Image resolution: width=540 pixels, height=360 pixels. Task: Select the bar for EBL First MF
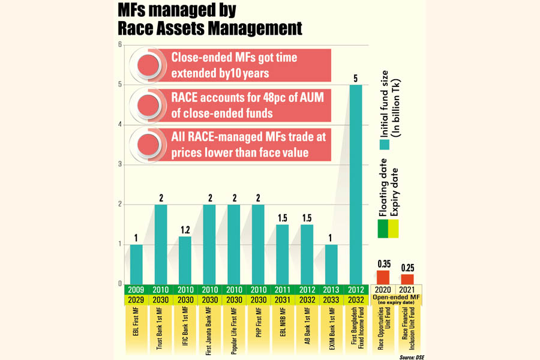coord(136,264)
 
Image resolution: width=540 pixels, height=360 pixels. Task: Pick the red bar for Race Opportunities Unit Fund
coord(383,277)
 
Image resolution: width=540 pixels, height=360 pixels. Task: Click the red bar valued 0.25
coord(408,279)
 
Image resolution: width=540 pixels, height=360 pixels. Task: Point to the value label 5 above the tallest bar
coord(356,78)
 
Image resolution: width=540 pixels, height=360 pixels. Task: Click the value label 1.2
coord(185,230)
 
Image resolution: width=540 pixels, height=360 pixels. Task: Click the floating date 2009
coord(136,290)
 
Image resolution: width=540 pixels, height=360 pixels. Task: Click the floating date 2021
coord(408,290)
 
